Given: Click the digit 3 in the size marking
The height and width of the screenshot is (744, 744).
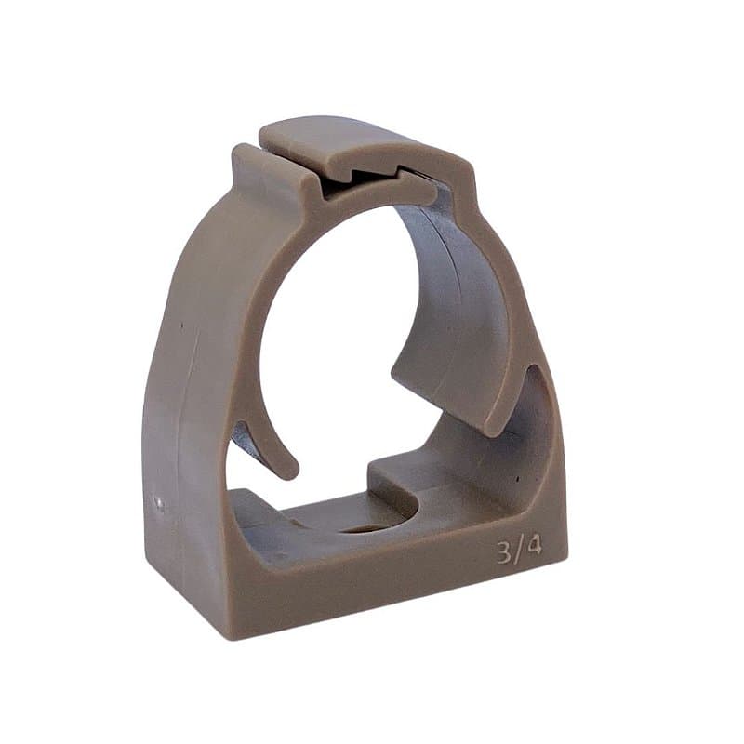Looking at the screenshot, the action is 505,552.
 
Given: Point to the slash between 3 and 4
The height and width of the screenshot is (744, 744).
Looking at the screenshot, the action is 519,551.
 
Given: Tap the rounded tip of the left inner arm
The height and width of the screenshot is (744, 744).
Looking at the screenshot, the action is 288,469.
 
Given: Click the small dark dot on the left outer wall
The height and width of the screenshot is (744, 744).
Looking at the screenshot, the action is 181,325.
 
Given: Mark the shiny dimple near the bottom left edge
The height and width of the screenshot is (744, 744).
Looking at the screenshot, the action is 160,504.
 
